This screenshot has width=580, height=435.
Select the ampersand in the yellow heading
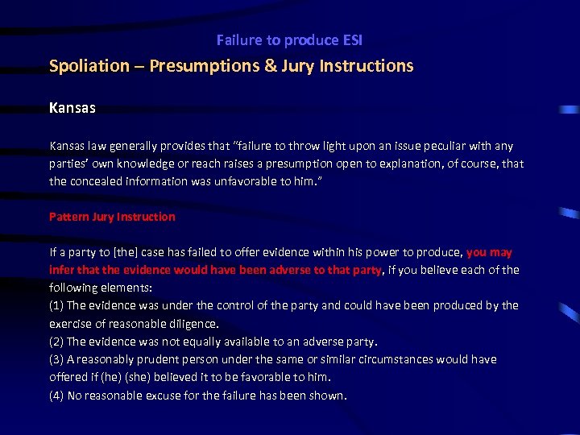pos(270,66)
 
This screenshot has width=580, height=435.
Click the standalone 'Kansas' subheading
pos(72,106)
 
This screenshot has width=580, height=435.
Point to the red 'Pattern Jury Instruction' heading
pos(112,217)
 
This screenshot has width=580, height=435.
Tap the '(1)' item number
pos(56,305)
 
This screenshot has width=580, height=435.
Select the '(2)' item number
pos(56,342)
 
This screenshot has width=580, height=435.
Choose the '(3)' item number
pos(56,359)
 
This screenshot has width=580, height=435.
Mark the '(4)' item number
pos(56,396)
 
